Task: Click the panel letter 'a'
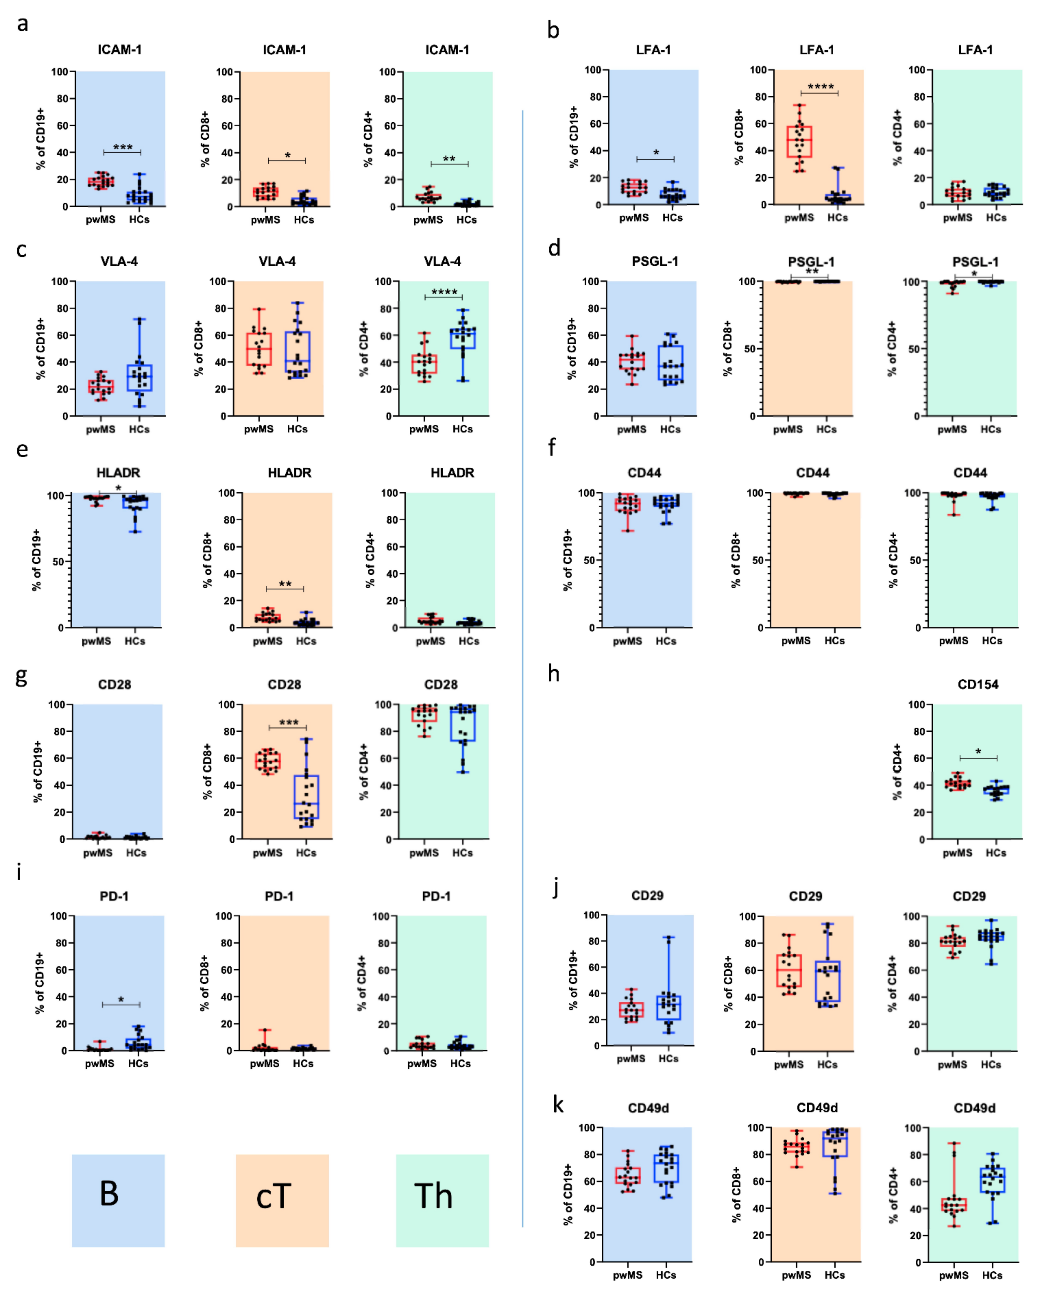[22, 24]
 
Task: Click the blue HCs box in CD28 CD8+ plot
[306, 796]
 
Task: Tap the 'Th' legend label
[433, 1196]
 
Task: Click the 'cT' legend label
[274, 1196]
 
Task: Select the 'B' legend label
[109, 1193]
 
